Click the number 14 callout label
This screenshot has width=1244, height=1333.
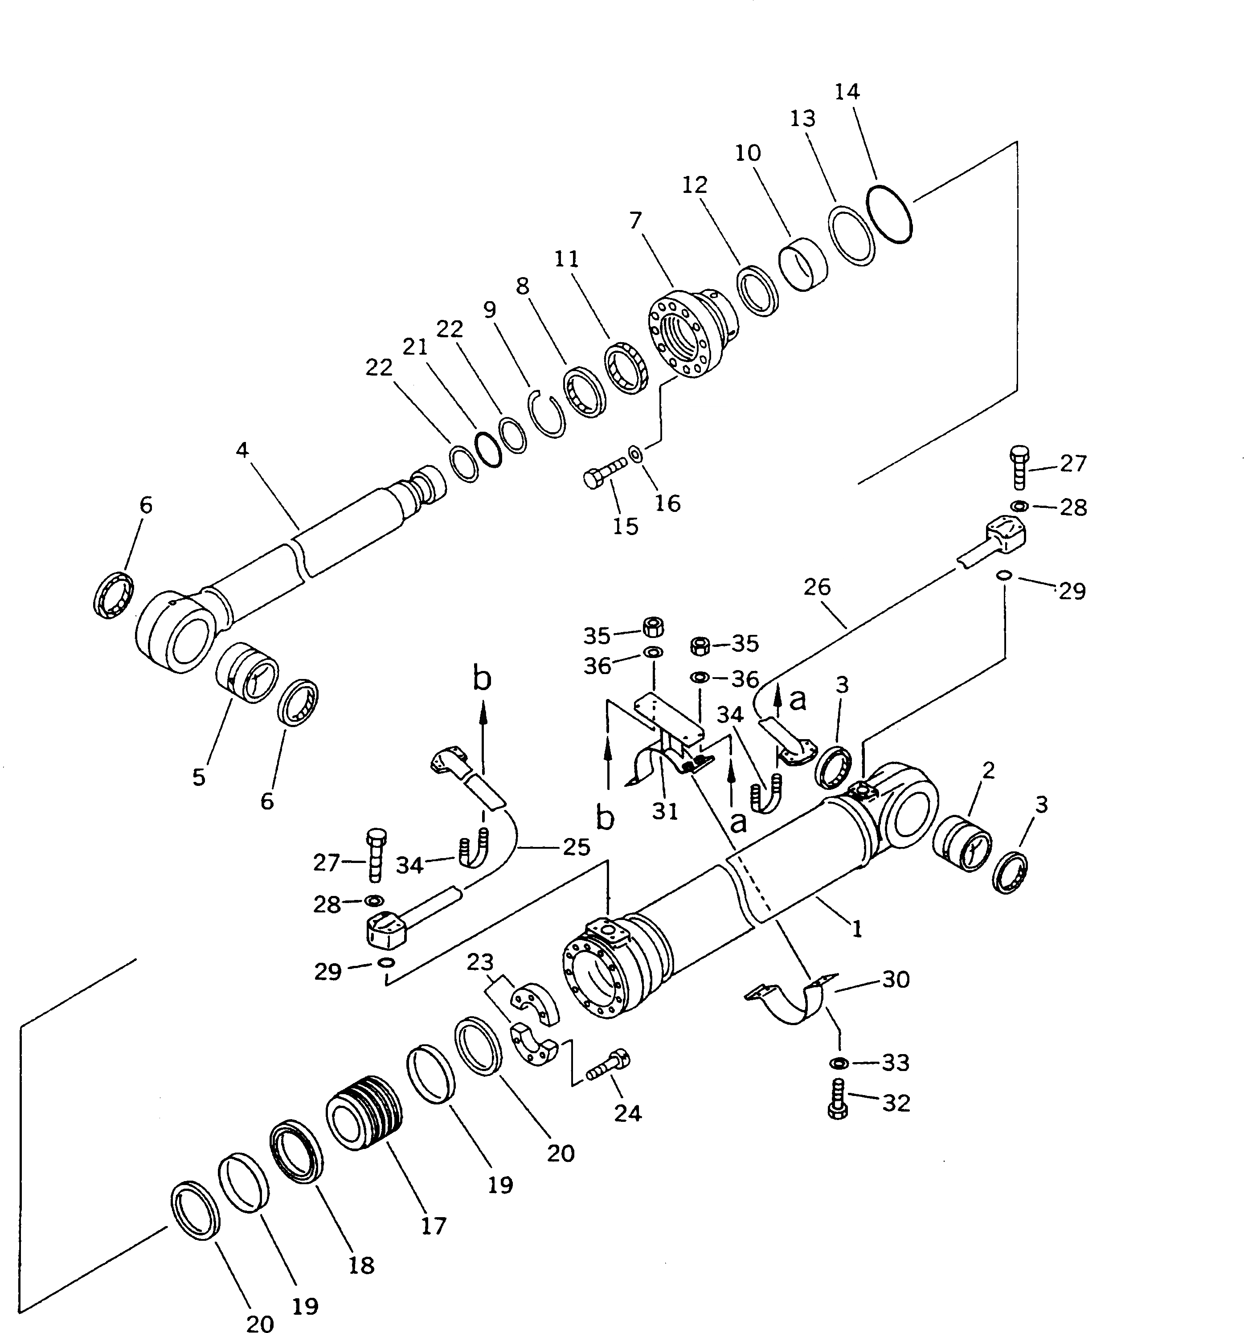[847, 91]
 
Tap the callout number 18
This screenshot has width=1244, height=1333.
[361, 1265]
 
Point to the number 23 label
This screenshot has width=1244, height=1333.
[480, 962]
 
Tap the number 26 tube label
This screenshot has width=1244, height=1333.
[817, 587]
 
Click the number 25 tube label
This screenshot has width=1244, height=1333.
[577, 847]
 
